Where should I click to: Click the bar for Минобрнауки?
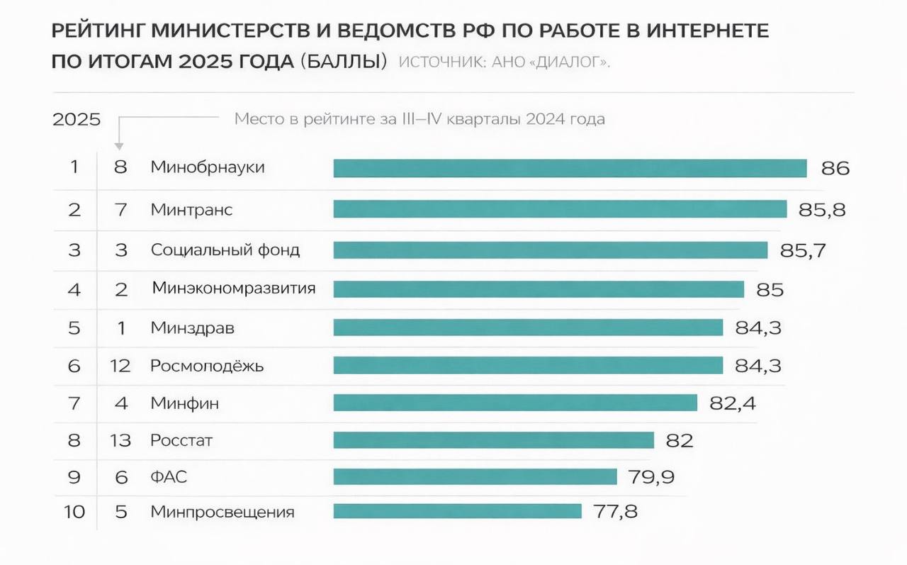[570, 168]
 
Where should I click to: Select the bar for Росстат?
[493, 440]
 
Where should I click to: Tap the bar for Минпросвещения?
[457, 511]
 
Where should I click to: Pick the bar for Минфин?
[515, 403]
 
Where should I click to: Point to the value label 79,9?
[651, 476]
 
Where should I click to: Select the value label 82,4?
[733, 403]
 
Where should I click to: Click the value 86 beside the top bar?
[835, 169]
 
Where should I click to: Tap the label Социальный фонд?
[225, 250]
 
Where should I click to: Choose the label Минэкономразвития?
[234, 289]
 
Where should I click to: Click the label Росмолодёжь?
[207, 366]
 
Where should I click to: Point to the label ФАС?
[169, 476]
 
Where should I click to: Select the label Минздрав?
[192, 328]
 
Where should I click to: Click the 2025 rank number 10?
[74, 512]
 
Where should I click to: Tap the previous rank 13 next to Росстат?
[120, 441]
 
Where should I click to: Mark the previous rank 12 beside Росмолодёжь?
[120, 367]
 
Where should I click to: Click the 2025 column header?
[77, 119]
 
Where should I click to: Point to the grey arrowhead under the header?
[119, 146]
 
